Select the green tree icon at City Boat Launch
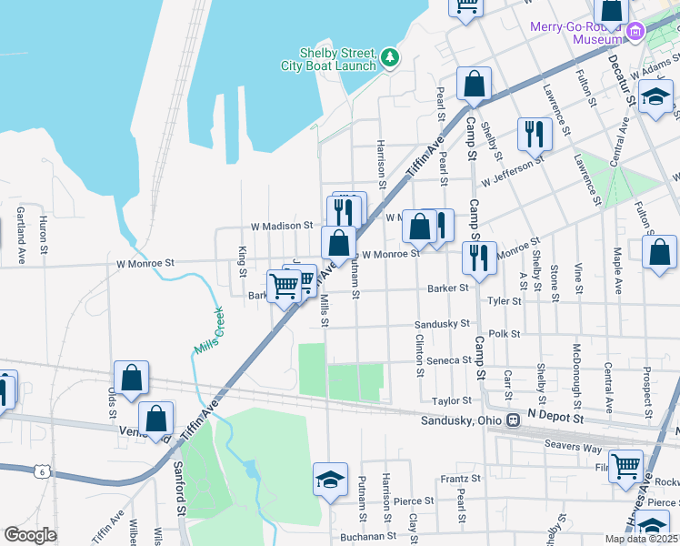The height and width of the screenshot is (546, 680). [x=390, y=58]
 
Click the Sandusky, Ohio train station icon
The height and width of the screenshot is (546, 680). [x=514, y=420]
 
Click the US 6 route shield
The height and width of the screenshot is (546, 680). [x=42, y=470]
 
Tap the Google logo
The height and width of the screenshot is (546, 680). [x=30, y=535]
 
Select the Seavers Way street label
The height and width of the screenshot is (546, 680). [x=573, y=444]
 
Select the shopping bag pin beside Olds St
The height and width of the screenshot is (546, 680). [x=132, y=379]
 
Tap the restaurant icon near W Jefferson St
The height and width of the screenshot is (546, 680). [x=535, y=134]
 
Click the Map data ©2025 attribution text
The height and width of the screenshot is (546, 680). [x=641, y=538]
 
